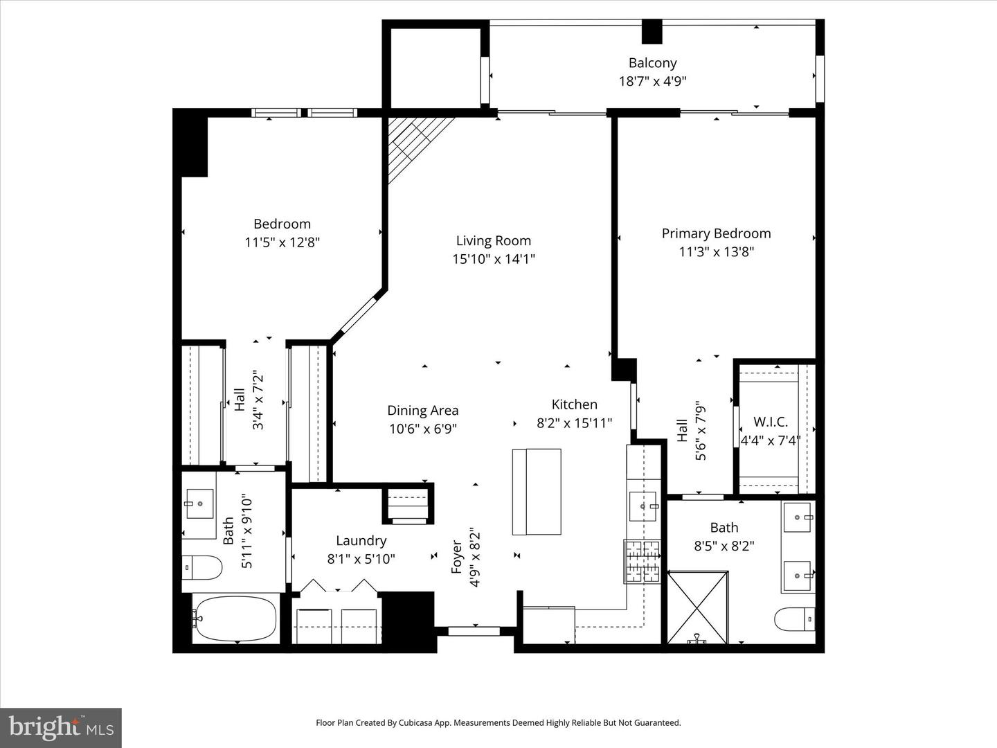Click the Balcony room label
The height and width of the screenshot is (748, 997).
(652, 62)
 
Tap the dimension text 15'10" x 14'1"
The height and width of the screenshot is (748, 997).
(493, 259)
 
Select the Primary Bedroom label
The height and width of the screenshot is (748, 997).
(716, 233)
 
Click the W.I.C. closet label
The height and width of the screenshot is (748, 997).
(770, 422)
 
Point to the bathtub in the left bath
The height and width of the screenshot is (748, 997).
(235, 617)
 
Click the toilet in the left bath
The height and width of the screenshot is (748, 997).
(202, 569)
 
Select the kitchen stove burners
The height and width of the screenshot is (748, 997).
(643, 560)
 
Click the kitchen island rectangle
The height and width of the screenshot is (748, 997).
(537, 492)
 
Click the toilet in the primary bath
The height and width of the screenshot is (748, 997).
(795, 618)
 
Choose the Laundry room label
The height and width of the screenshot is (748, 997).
(361, 540)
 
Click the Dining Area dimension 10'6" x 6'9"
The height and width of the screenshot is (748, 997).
(422, 429)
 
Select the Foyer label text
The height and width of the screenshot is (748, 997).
(457, 556)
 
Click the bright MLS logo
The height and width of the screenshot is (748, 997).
(61, 727)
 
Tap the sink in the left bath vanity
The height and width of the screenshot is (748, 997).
(199, 503)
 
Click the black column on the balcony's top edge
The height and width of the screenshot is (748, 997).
(652, 32)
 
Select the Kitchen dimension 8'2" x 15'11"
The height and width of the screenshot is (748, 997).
(574, 422)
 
